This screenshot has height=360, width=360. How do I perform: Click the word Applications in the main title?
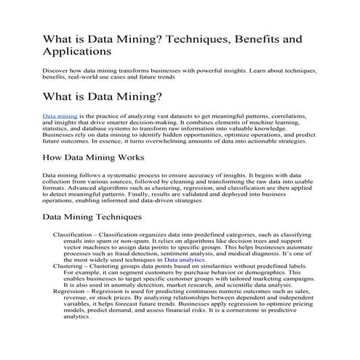pos(77,52)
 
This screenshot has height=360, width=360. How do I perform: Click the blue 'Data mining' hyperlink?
pos(59,116)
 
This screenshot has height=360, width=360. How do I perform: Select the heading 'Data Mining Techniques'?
pos(97,216)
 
